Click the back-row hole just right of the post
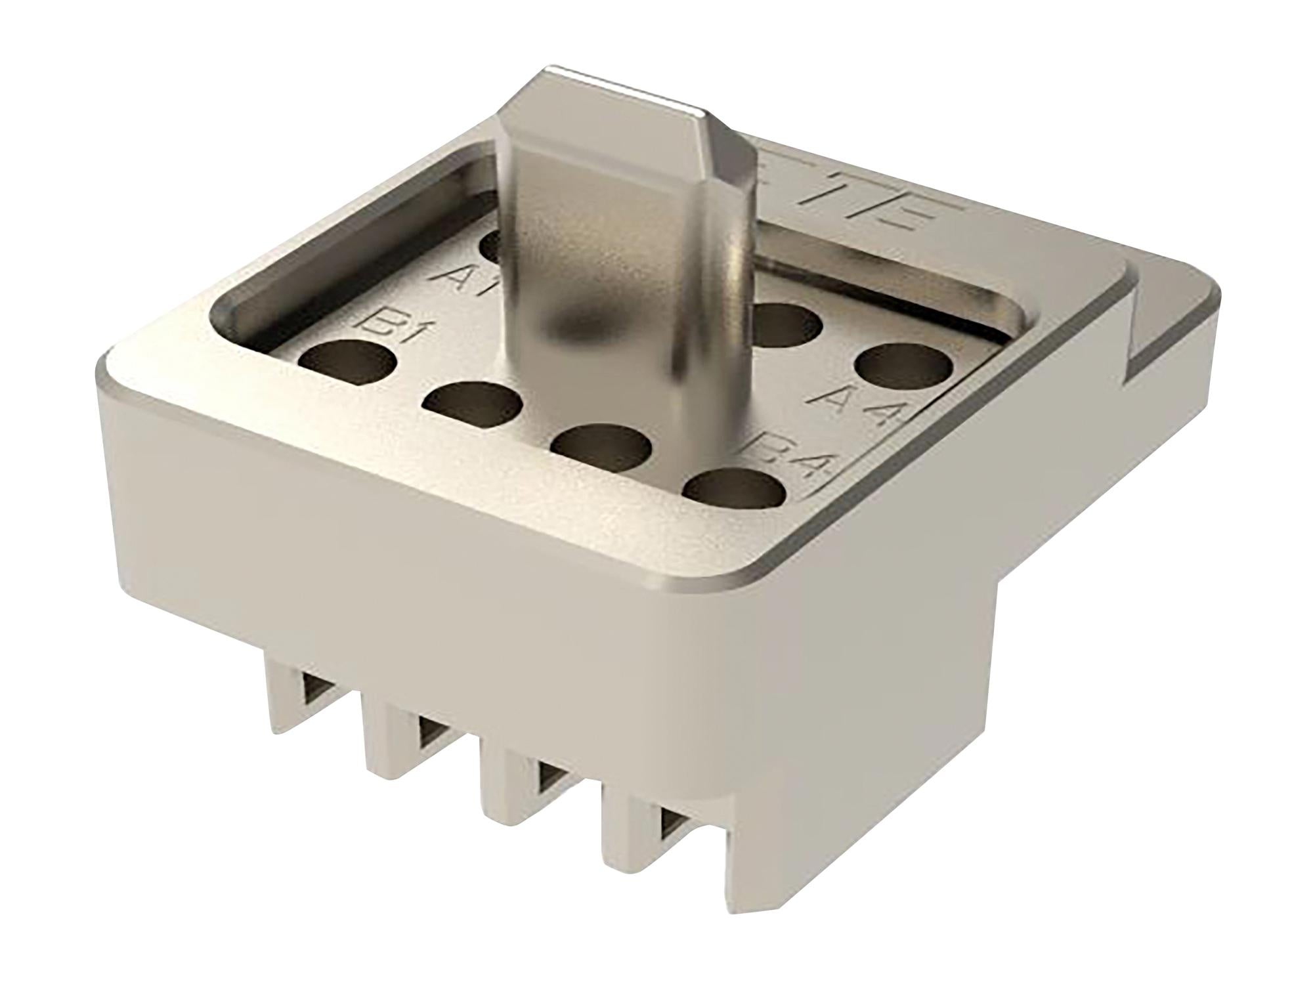pos(785,325)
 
